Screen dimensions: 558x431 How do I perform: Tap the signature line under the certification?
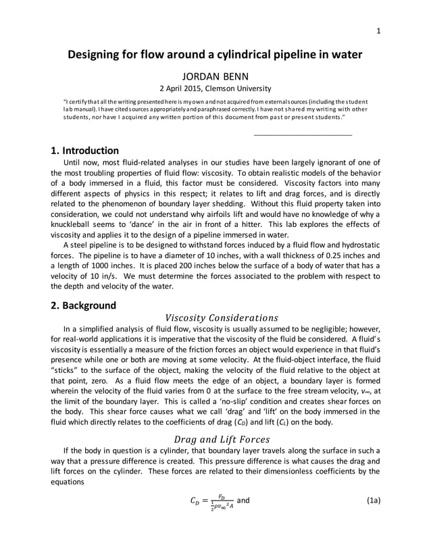(302, 135)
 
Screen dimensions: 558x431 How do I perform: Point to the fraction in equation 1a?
(219, 502)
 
